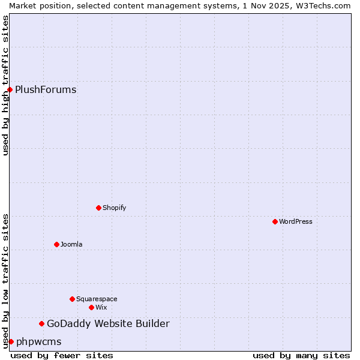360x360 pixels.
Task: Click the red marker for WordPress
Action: tap(275, 221)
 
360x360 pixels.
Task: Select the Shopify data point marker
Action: tap(98, 208)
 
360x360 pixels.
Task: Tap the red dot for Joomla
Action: tap(56, 244)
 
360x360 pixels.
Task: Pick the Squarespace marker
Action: tap(72, 299)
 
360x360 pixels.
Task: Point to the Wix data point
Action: tap(91, 307)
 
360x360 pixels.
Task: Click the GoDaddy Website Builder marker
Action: tap(41, 323)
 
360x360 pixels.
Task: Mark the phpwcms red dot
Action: tap(11, 341)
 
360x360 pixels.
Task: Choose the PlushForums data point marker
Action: tap(10, 89)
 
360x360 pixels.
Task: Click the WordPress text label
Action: tap(296, 221)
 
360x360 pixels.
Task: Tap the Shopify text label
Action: tap(115, 208)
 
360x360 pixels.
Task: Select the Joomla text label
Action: tap(71, 244)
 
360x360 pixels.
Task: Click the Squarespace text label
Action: tap(97, 299)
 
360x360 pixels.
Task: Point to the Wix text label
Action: tap(101, 307)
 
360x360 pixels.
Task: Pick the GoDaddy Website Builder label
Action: tap(108, 324)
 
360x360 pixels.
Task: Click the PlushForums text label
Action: tap(46, 90)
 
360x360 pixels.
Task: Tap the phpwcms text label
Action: tap(39, 342)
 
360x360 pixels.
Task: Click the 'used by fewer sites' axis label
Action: tap(62, 355)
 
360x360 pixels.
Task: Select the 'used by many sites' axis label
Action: tap(301, 355)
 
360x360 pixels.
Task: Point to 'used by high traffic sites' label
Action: tap(5, 85)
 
